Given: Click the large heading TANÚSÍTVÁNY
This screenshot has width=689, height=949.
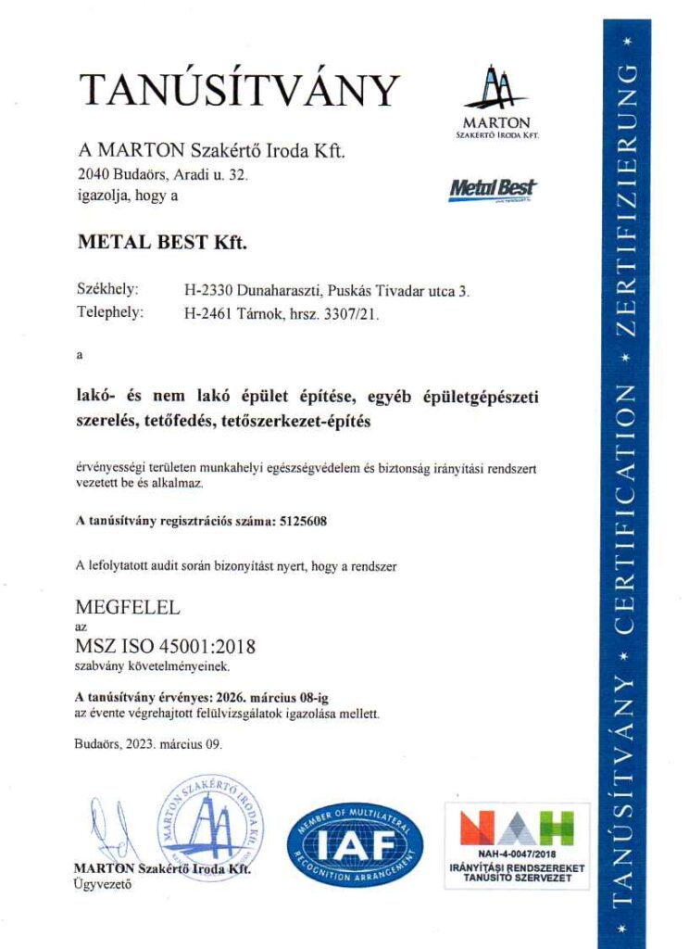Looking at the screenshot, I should point(239,90).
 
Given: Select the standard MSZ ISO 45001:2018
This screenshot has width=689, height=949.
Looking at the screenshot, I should point(165,646).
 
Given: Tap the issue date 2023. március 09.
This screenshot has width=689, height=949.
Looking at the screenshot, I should point(180,744).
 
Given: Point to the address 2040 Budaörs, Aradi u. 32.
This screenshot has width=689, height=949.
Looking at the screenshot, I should point(162,174).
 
